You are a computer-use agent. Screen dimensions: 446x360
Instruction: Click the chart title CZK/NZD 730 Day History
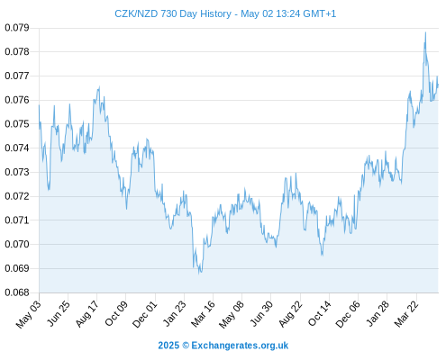(x=173, y=13)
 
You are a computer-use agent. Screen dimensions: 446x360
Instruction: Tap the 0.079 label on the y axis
(x=17, y=28)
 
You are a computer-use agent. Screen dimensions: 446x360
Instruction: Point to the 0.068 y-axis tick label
(x=17, y=292)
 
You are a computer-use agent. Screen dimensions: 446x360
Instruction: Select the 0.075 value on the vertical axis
(x=17, y=124)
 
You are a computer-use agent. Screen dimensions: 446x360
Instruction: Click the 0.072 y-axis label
(x=17, y=196)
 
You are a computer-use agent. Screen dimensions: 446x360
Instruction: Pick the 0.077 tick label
(x=17, y=76)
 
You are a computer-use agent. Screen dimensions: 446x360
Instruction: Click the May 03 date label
(x=29, y=314)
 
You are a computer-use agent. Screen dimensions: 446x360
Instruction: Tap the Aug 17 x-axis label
(x=86, y=314)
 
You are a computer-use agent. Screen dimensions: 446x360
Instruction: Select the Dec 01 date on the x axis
(x=145, y=314)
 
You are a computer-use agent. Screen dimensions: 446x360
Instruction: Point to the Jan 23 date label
(x=174, y=314)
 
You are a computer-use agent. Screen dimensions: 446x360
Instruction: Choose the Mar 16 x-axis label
(x=204, y=314)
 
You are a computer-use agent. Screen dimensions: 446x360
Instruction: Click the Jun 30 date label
(x=261, y=314)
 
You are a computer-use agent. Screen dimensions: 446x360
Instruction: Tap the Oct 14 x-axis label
(x=320, y=314)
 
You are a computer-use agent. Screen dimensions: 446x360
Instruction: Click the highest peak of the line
(x=425, y=32)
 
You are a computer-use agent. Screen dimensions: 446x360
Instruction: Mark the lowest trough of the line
(x=199, y=274)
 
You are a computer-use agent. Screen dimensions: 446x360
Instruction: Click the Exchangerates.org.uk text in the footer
(x=240, y=346)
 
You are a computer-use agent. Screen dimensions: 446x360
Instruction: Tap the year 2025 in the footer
(x=168, y=346)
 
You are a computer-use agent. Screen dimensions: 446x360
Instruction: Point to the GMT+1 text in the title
(x=320, y=13)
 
